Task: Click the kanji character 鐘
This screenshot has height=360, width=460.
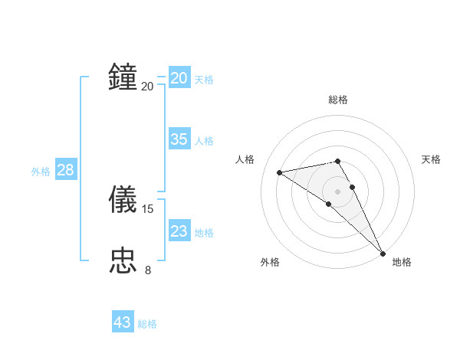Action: point(123,77)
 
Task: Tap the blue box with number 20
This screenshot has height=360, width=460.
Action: point(179,78)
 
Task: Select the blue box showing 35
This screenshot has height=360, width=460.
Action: point(179,139)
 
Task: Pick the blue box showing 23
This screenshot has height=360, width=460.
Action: point(179,231)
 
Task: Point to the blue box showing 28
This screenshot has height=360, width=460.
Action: point(65,170)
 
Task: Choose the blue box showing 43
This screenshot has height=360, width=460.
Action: point(123,322)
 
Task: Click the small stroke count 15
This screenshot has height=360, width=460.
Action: point(149,208)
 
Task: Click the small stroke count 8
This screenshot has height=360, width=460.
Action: point(148,270)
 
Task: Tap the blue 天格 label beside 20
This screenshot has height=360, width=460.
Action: point(204,80)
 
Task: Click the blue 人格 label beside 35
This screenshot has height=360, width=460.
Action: point(204,141)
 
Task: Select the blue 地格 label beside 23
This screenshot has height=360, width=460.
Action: point(204,233)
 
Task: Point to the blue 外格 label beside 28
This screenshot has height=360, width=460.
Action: point(41,172)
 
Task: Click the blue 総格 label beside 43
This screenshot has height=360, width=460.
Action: point(147,324)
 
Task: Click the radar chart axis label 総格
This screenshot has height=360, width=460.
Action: point(338,100)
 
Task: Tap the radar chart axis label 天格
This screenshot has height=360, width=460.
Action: point(432,159)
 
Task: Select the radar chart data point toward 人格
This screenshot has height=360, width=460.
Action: point(280,172)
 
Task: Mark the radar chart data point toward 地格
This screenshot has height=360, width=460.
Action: point(383,253)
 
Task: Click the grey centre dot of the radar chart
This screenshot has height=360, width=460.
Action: point(337,191)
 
